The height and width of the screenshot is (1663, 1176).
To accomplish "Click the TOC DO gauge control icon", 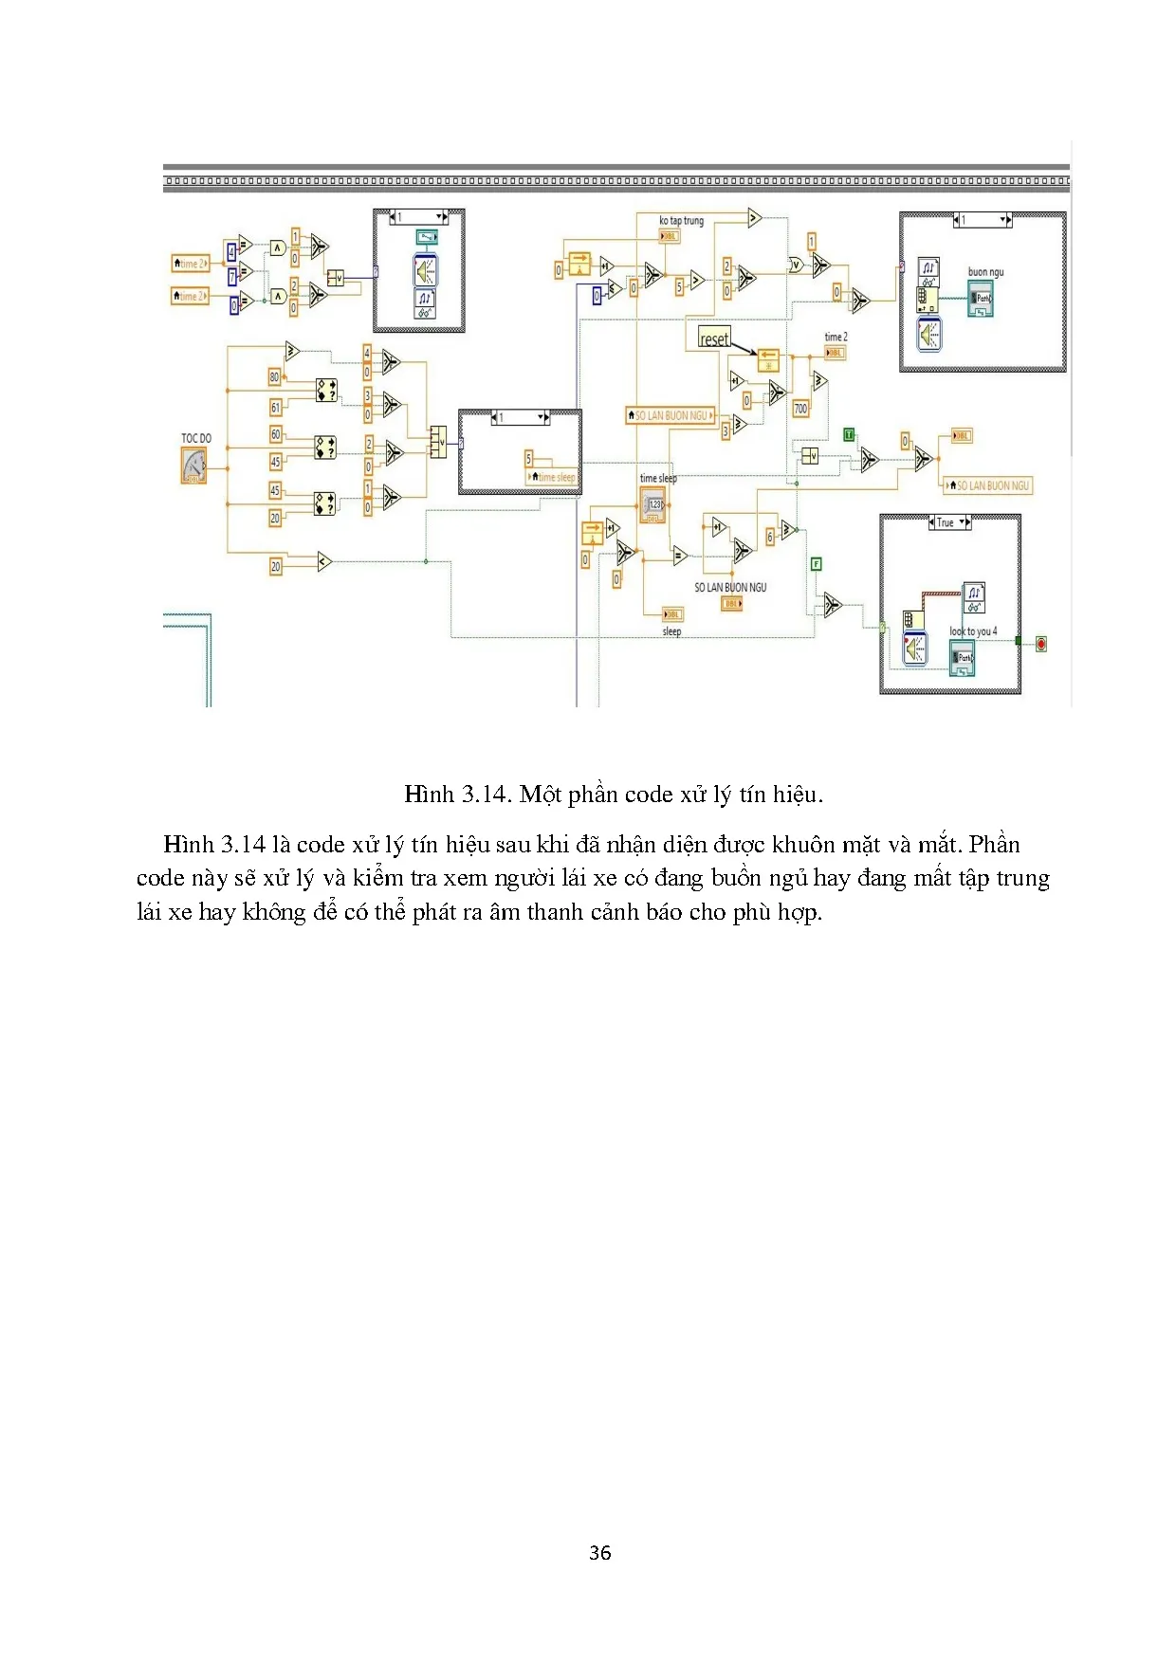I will click(194, 466).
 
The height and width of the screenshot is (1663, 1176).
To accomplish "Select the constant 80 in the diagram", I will click(275, 376).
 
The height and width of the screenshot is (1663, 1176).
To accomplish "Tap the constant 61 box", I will click(276, 408).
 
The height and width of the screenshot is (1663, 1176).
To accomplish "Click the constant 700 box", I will click(800, 409).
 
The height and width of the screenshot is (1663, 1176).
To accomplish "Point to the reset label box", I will click(714, 339).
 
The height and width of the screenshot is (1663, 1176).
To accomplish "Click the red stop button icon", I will click(1040, 644).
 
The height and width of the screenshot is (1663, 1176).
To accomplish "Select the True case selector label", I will click(946, 522).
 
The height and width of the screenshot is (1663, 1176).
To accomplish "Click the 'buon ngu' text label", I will click(985, 272).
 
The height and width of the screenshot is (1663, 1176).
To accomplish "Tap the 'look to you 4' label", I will click(973, 630).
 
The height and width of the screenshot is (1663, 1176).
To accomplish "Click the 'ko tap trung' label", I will click(681, 221).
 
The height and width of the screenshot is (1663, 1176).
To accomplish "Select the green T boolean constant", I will click(849, 434).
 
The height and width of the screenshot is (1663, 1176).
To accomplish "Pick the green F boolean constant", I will click(816, 564).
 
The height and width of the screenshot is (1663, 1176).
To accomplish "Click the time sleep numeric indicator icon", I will click(652, 505).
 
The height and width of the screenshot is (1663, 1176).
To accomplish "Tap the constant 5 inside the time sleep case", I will click(529, 458).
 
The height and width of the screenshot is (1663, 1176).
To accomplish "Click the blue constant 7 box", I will click(232, 276).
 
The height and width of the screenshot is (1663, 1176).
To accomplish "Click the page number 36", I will click(599, 1552).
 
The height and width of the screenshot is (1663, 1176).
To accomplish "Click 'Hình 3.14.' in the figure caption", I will click(456, 794).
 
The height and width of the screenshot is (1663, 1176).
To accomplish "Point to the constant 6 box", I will click(770, 537).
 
